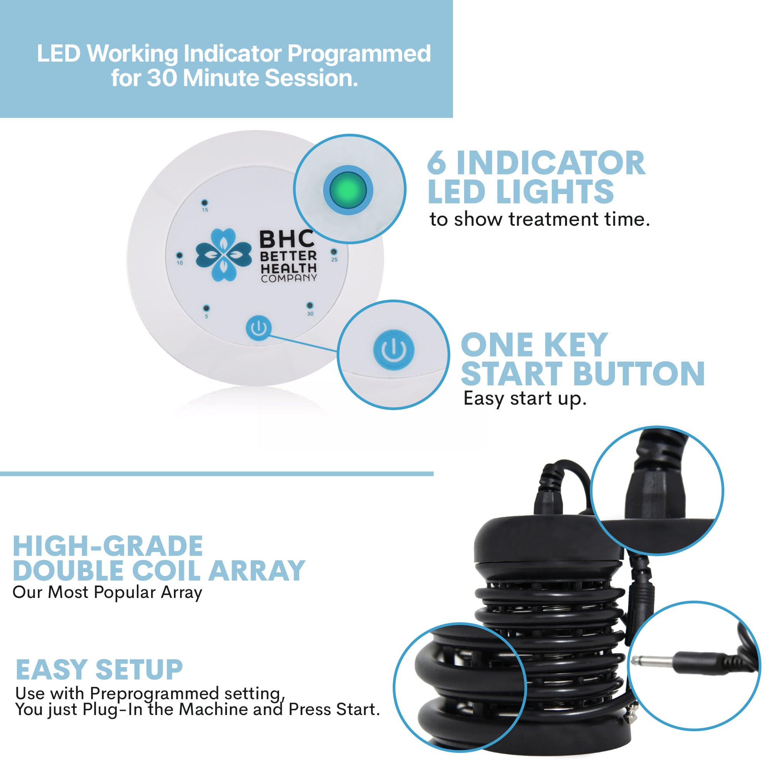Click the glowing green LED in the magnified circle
348,190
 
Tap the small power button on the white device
259,328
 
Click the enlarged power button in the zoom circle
394,350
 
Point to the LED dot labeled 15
204,203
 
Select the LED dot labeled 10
179,255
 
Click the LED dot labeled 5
206,308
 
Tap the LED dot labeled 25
334,252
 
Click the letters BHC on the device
286,239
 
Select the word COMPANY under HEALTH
289,278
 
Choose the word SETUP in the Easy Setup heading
139,670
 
